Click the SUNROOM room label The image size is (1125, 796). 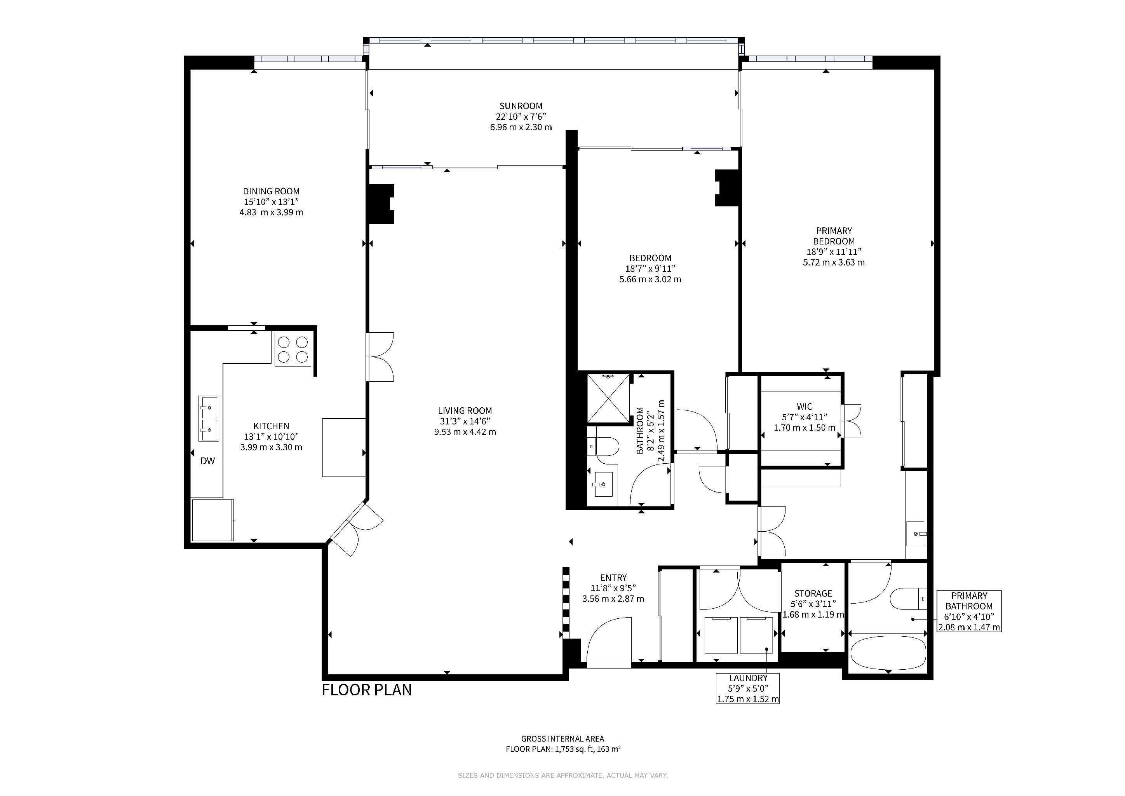tap(521, 106)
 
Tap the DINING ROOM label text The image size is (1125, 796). tap(272, 191)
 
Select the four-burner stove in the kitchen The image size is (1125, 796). tap(293, 349)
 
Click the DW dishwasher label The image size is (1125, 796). tap(208, 461)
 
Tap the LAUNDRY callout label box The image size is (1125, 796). tap(748, 688)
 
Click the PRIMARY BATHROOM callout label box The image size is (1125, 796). tap(969, 611)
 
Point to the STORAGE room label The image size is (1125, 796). tap(813, 593)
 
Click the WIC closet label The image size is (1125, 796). tap(805, 406)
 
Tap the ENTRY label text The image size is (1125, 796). tap(613, 578)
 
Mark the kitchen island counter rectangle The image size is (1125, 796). tap(343, 447)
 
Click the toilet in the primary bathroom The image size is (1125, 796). tap(908, 599)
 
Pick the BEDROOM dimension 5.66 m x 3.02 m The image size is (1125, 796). tap(650, 279)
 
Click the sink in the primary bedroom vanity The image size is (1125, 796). tap(916, 533)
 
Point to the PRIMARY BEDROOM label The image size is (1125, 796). tap(834, 236)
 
